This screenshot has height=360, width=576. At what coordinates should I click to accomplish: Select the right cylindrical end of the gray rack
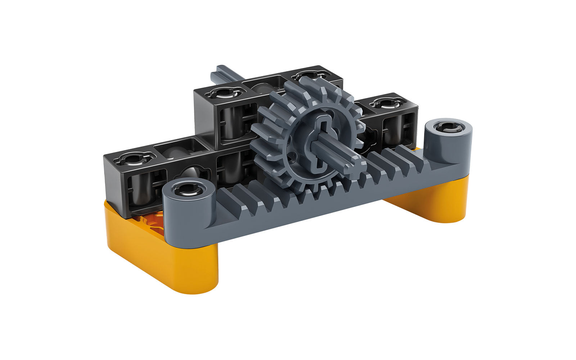tap(449, 139)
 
